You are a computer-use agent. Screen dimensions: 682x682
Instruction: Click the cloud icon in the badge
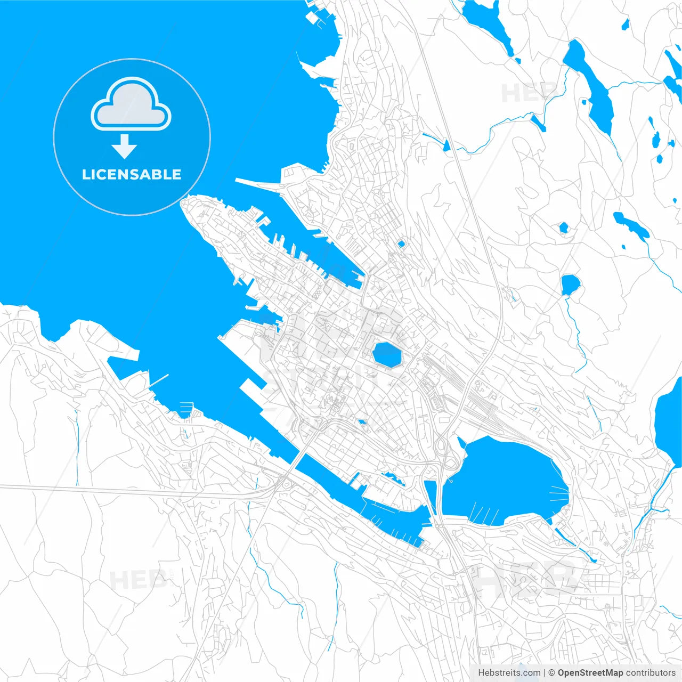tap(131, 104)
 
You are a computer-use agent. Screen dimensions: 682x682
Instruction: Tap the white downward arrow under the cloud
tap(125, 147)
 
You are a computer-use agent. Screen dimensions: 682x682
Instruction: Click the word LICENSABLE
tap(132, 174)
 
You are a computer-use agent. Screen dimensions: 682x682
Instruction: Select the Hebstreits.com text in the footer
tap(509, 673)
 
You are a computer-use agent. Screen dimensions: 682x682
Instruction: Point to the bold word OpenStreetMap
tap(590, 673)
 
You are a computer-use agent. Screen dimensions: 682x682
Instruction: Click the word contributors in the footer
tap(650, 673)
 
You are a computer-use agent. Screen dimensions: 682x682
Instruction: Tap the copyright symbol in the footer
tap(552, 673)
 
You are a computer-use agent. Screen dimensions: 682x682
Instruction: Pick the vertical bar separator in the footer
tap(544, 673)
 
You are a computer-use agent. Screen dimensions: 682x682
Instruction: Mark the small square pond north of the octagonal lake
tap(401, 244)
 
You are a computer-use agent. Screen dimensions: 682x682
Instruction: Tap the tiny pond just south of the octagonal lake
tap(362, 422)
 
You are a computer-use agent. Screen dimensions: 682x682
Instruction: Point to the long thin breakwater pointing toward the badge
tap(258, 184)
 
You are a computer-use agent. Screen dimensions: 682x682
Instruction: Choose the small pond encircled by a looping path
tap(563, 228)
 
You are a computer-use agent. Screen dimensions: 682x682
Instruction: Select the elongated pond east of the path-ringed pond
tap(631, 225)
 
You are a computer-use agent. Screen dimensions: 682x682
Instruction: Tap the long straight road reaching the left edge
tap(107, 490)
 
